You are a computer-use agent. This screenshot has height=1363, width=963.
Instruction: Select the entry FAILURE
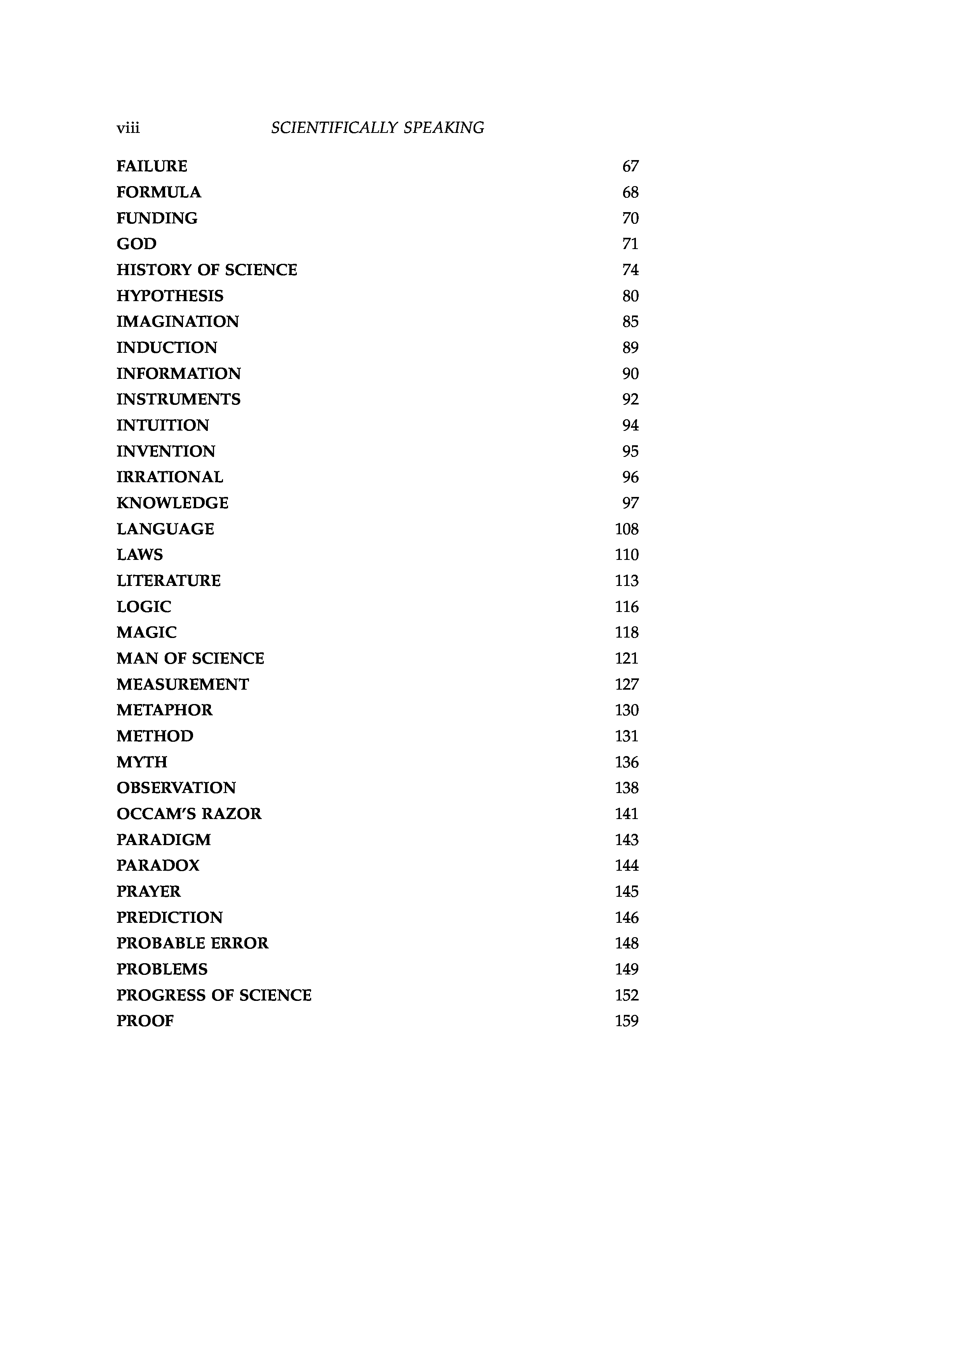click(x=152, y=166)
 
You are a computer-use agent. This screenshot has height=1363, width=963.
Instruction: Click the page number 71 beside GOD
click(x=630, y=244)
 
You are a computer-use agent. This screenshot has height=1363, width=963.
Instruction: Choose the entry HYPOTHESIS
click(x=170, y=296)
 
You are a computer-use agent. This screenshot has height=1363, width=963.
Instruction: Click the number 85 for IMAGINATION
click(x=630, y=322)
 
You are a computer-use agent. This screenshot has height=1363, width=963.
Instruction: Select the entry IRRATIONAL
click(x=170, y=477)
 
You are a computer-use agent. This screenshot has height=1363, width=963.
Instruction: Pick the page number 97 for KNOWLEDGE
click(x=630, y=504)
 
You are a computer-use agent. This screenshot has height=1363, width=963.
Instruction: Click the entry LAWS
click(x=139, y=555)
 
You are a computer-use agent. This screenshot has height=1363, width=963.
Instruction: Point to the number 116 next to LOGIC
click(x=627, y=607)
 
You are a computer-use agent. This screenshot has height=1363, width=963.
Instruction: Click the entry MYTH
click(x=142, y=762)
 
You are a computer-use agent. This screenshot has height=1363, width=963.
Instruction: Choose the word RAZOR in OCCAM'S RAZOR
click(x=236, y=814)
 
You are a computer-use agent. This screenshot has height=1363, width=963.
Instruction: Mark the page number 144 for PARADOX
click(x=627, y=866)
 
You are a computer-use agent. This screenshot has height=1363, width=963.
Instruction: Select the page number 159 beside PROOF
click(x=627, y=1021)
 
